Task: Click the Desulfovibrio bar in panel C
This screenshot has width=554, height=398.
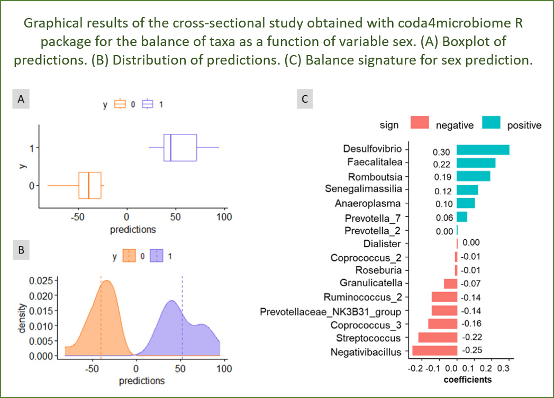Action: [483, 150]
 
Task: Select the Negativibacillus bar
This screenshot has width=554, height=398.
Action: [434, 350]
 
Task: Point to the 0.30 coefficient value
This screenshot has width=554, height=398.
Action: [441, 152]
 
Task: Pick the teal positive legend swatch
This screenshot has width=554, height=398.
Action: [491, 123]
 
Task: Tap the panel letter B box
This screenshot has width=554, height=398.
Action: [21, 250]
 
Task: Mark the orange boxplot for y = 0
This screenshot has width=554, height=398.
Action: [90, 185]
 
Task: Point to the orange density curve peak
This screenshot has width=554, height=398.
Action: [107, 281]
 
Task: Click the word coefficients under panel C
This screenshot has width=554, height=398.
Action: [468, 379]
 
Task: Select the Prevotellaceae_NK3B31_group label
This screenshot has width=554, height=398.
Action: [331, 311]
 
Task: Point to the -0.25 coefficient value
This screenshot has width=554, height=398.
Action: [471, 350]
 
